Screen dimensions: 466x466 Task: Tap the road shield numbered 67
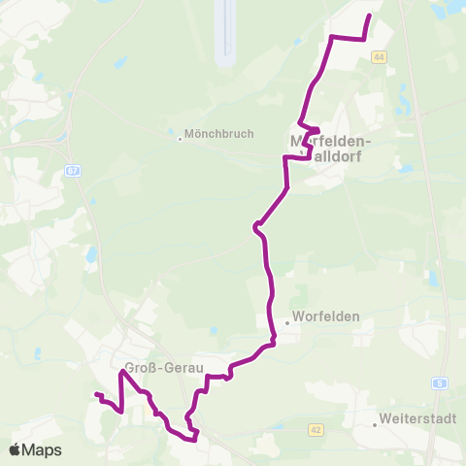[x=73, y=171]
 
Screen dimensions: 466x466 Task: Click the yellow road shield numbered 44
[x=378, y=57]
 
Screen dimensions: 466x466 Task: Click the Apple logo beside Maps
[x=17, y=449]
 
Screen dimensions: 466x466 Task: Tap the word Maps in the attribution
[x=44, y=449]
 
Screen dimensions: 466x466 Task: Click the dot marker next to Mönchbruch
[x=180, y=137]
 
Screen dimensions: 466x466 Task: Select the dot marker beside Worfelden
[x=288, y=323]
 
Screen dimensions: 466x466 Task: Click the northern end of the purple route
[x=370, y=16]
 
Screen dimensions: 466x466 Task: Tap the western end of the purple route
[x=95, y=394]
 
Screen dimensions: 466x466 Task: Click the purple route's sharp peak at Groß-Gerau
[x=123, y=372]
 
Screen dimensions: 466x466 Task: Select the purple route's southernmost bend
[x=195, y=439]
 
